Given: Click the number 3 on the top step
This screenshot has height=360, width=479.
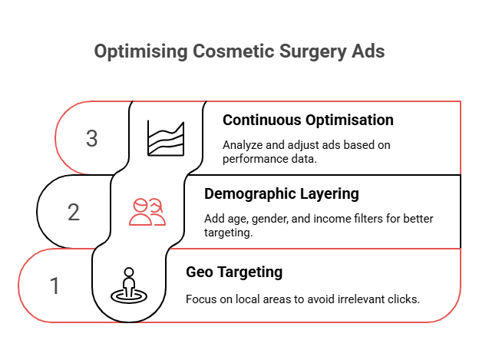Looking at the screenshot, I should [x=92, y=139].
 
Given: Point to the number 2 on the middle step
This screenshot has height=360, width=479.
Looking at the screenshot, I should [x=74, y=212].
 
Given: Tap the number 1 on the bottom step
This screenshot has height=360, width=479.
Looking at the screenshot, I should [x=55, y=286].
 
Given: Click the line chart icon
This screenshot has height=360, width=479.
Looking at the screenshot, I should [x=166, y=139].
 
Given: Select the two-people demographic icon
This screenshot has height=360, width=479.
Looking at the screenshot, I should [x=147, y=212].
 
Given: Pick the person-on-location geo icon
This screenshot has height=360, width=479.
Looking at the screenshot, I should [x=129, y=286].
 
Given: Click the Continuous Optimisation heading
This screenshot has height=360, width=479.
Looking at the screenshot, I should [x=308, y=121].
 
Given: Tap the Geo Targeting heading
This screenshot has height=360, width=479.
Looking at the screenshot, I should [x=234, y=272].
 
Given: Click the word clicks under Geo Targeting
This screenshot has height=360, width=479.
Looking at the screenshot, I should [x=404, y=299].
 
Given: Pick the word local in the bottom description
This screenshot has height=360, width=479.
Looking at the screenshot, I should [x=248, y=299].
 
